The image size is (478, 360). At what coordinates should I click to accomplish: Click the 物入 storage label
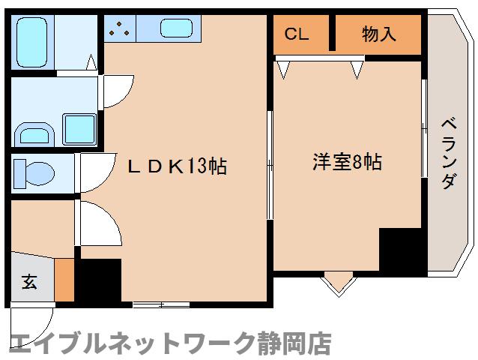378,34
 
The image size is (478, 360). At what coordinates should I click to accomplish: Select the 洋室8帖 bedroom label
346,161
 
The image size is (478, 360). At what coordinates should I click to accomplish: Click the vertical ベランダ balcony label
448,153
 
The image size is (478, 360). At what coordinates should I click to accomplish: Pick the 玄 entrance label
29,282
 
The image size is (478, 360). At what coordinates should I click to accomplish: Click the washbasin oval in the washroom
34,134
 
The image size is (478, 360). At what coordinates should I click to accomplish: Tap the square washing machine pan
78,129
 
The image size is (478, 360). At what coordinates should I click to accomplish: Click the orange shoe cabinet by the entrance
65,279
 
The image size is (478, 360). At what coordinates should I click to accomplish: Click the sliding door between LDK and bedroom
270,165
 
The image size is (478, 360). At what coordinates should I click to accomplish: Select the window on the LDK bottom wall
160,304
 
